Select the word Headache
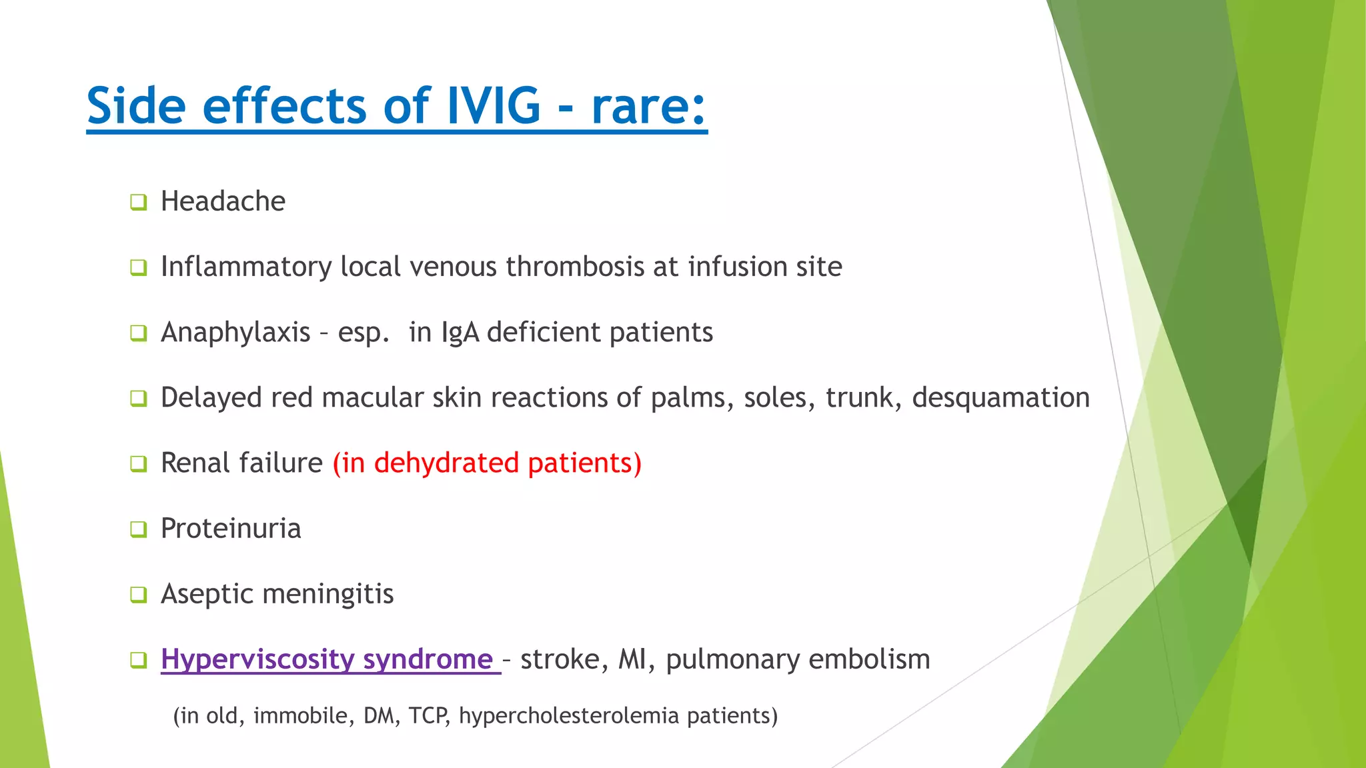point(223,201)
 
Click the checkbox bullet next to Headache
point(138,202)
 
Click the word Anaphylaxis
point(235,332)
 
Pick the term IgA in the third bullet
point(460,333)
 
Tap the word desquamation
point(1000,397)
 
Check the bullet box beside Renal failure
point(138,463)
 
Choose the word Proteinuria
point(231,529)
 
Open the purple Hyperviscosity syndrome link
point(327,659)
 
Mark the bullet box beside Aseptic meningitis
point(138,594)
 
